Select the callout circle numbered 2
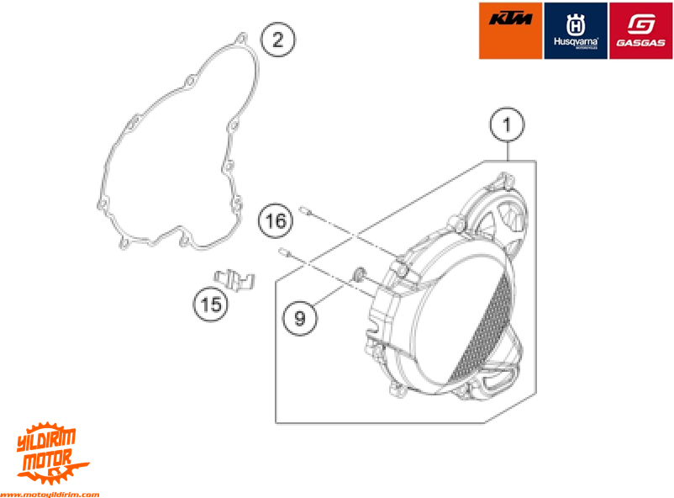(278, 40)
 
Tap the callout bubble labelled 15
(213, 304)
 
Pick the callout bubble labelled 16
(276, 221)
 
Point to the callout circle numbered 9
(300, 317)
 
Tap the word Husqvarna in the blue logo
(575, 41)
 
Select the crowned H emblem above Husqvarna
(575, 19)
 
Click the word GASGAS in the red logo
(640, 42)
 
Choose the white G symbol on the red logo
(640, 20)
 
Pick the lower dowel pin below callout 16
(285, 250)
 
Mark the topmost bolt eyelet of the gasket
(240, 39)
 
